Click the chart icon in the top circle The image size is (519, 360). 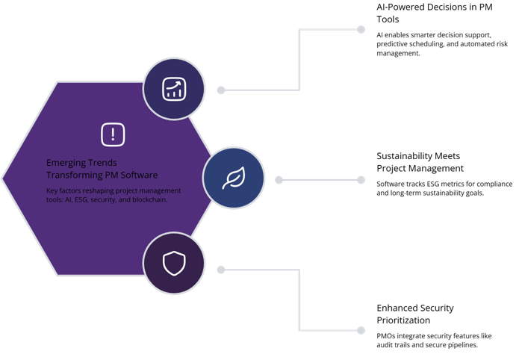[174, 89]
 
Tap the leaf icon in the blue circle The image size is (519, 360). [234, 178]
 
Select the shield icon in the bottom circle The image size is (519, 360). [173, 263]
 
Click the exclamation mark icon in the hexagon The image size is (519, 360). [113, 134]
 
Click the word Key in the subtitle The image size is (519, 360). [52, 190]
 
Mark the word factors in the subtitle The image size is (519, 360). [72, 190]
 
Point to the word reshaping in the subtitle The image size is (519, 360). [102, 190]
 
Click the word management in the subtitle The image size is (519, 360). [169, 190]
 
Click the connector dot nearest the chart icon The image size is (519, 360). [221, 89]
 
